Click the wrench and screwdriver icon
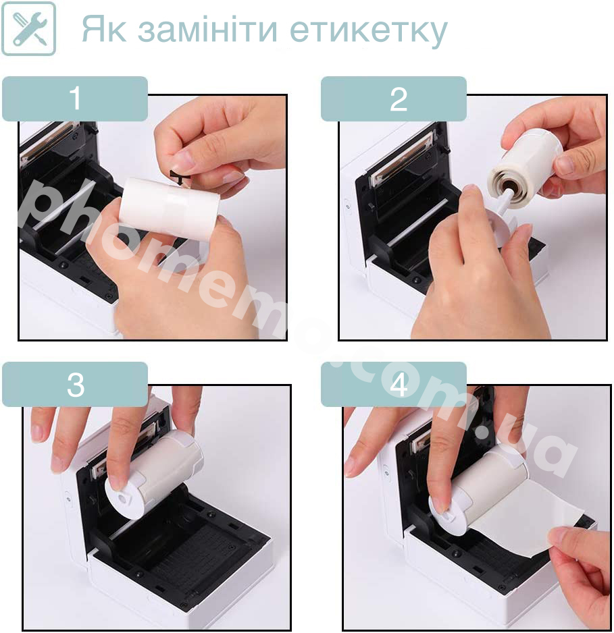point(28,28)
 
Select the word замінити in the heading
point(207,29)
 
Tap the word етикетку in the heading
point(369,32)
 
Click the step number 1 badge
point(75,99)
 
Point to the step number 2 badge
point(394,99)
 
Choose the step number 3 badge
point(75,385)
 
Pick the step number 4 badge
point(394,385)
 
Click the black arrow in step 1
point(180,177)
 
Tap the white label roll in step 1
point(170,209)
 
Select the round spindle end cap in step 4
point(449,514)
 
